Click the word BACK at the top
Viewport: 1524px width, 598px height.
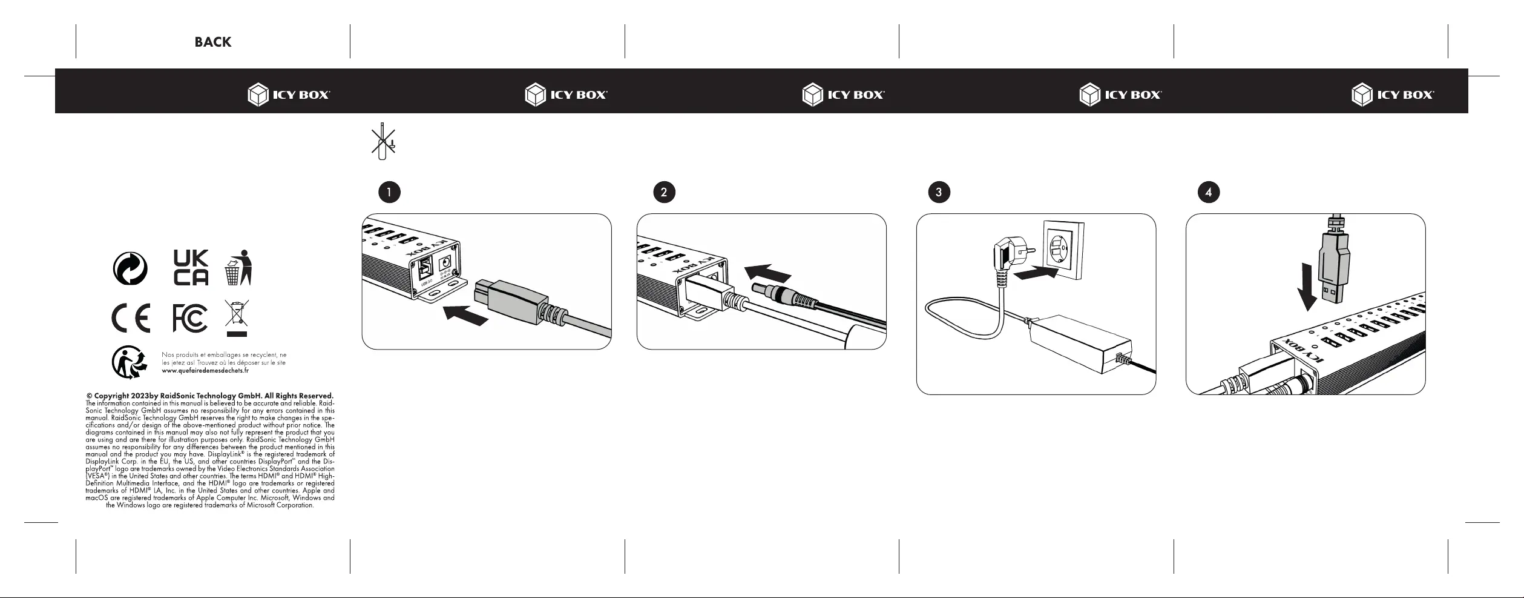pos(212,42)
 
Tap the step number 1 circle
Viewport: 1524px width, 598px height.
pos(389,192)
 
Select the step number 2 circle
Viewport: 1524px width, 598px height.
pos(664,192)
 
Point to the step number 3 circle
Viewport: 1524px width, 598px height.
pos(939,192)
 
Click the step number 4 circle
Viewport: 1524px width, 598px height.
pos(1209,192)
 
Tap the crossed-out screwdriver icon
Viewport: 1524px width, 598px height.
pos(383,141)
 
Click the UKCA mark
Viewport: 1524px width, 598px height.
pos(191,267)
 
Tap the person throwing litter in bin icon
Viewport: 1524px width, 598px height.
pos(238,267)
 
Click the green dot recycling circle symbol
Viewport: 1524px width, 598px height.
pos(130,268)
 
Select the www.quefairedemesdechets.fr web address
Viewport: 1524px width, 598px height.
pos(205,370)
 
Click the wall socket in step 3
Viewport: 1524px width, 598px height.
pos(1063,250)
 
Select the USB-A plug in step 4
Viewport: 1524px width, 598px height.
pos(1335,270)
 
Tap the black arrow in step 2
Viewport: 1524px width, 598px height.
pos(767,273)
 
